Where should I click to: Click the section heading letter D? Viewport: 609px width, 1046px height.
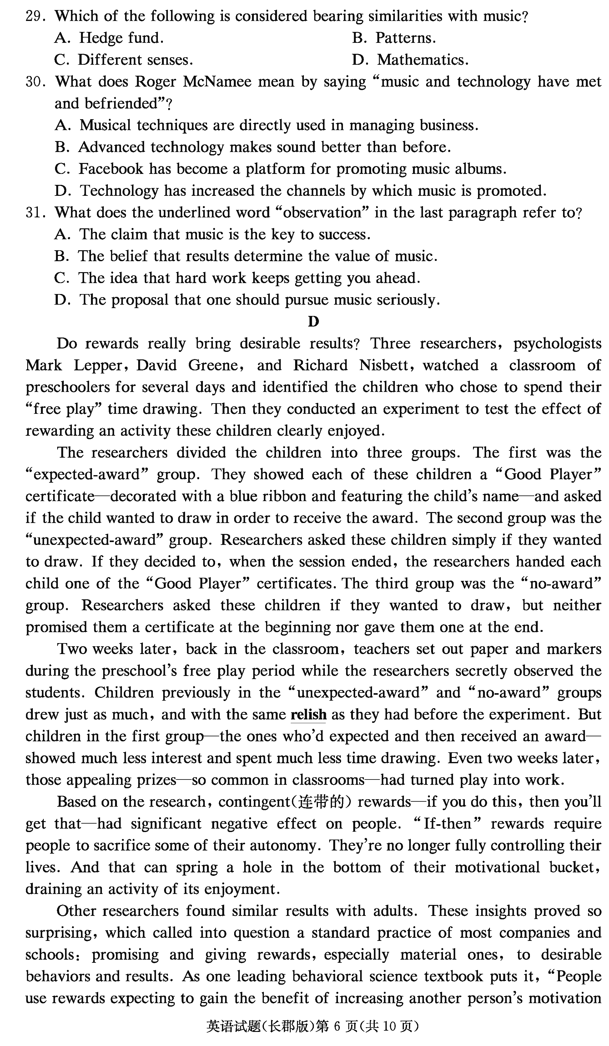click(x=313, y=322)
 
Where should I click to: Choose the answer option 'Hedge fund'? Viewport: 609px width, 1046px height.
click(x=121, y=38)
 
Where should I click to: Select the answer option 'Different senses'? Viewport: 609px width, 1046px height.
click(x=135, y=60)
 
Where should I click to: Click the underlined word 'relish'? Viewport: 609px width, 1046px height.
click(x=308, y=715)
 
